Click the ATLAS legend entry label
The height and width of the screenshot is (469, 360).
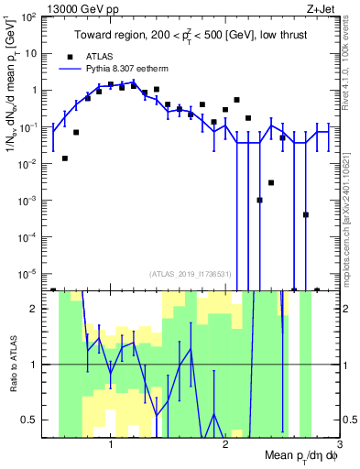coord(98,55)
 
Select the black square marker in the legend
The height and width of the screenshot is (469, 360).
coord(69,55)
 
